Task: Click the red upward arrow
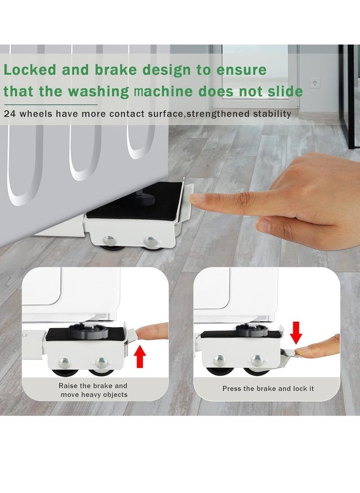pos(141,355)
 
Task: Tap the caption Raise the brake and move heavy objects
pos(93,390)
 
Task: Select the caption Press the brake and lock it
pos(268,388)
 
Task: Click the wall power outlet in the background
pos(315,83)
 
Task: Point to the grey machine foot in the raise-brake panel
pos(85,332)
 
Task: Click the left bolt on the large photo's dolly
pos(110,240)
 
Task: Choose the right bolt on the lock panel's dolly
pos(257,360)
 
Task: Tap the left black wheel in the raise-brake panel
pos(63,372)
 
